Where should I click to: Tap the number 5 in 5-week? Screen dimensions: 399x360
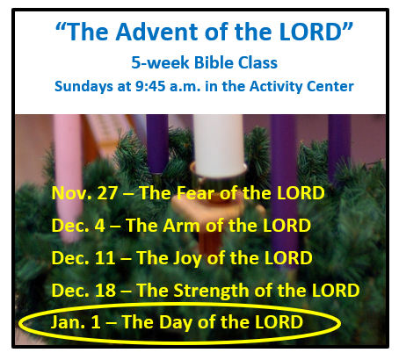click(136, 62)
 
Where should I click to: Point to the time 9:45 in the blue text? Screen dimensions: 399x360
click(150, 86)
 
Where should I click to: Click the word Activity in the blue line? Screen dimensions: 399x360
click(276, 87)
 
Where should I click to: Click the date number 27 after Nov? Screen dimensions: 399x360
click(107, 193)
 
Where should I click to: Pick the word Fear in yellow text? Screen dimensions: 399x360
click(195, 193)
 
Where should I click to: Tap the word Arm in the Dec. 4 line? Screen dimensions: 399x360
click(181, 226)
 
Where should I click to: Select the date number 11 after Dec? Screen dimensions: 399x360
click(105, 258)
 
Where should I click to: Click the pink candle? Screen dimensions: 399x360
click(68, 176)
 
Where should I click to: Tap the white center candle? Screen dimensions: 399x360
click(219, 145)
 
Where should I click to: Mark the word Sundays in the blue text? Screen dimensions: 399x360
click(83, 87)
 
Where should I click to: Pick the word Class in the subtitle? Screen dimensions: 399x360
click(258, 62)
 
